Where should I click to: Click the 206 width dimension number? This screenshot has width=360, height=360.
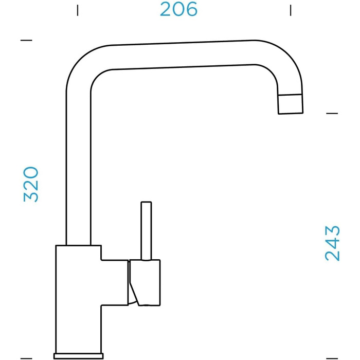178,9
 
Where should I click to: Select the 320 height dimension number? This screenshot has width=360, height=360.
31,184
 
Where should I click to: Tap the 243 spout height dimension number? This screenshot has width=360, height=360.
332,243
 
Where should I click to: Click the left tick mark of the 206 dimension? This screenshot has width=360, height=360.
78,10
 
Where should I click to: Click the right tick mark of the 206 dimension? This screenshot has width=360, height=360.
291,10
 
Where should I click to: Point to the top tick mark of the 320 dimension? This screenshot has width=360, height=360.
26,40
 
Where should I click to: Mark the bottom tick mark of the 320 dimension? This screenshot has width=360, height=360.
26,358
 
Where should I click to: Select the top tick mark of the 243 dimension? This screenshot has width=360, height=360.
332,113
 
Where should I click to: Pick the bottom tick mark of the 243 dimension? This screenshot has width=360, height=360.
332,358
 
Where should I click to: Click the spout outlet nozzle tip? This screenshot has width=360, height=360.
291,104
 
